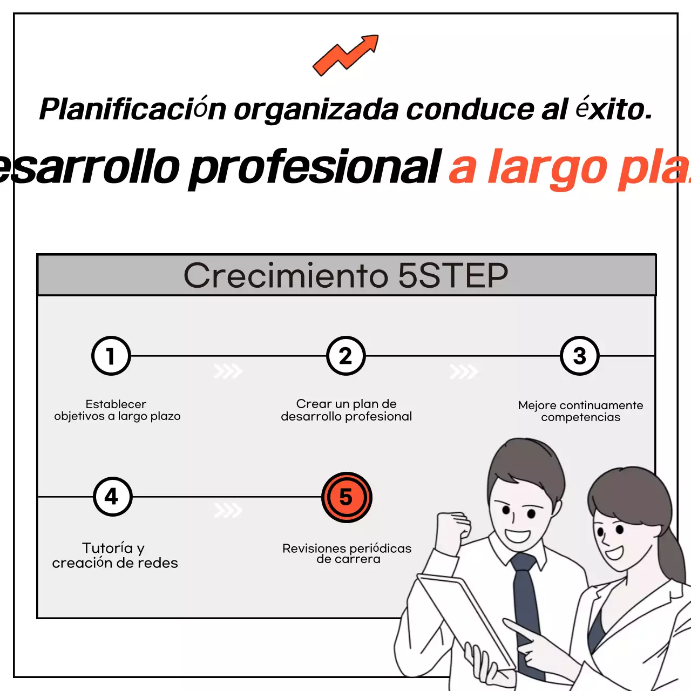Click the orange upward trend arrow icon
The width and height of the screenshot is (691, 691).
(346, 55)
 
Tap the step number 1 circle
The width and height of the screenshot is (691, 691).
(111, 356)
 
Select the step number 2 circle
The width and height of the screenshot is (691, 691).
(346, 356)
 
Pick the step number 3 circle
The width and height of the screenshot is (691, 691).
(580, 356)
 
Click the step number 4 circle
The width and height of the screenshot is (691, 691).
(112, 496)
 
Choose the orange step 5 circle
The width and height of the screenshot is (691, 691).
(347, 497)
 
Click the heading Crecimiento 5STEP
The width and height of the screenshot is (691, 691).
(346, 275)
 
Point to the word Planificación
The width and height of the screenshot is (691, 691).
(132, 109)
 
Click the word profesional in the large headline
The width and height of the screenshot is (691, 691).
(316, 167)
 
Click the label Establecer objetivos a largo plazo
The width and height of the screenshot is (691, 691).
(117, 410)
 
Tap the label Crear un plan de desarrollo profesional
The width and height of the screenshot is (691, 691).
(346, 410)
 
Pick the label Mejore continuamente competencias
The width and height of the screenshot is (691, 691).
(580, 411)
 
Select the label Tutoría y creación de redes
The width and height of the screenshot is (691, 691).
(114, 555)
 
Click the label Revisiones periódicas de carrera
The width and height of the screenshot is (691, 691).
(347, 554)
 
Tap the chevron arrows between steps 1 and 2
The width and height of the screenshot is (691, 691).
(228, 371)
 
